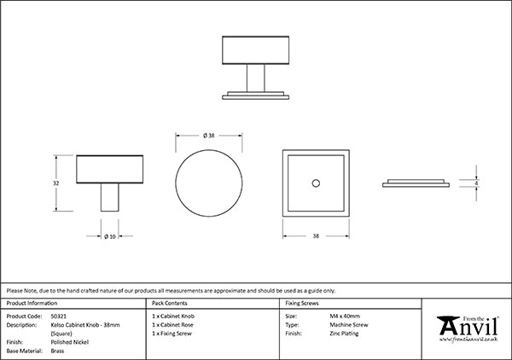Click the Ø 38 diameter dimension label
pyautogui.click(x=209, y=136)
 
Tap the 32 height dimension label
pyautogui.click(x=55, y=183)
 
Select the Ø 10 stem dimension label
pyautogui.click(x=110, y=236)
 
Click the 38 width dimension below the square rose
pyautogui.click(x=316, y=236)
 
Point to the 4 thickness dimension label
pyautogui.click(x=476, y=183)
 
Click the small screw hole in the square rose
pyautogui.click(x=316, y=183)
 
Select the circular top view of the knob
pyautogui.click(x=209, y=183)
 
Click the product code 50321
pyautogui.click(x=59, y=316)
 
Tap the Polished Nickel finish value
pyautogui.click(x=70, y=342)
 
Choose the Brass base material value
pyautogui.click(x=57, y=351)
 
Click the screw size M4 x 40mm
pyautogui.click(x=345, y=316)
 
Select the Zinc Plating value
pyautogui.click(x=344, y=334)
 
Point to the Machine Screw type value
pyautogui.click(x=349, y=325)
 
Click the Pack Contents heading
pyautogui.click(x=170, y=303)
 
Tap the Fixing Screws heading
pyautogui.click(x=302, y=303)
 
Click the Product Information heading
pyautogui.click(x=32, y=303)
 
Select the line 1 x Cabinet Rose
pyautogui.click(x=172, y=325)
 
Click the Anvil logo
pyautogui.click(x=468, y=327)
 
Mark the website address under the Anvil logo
pyautogui.click(x=468, y=340)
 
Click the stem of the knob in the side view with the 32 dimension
pyautogui.click(x=110, y=197)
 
